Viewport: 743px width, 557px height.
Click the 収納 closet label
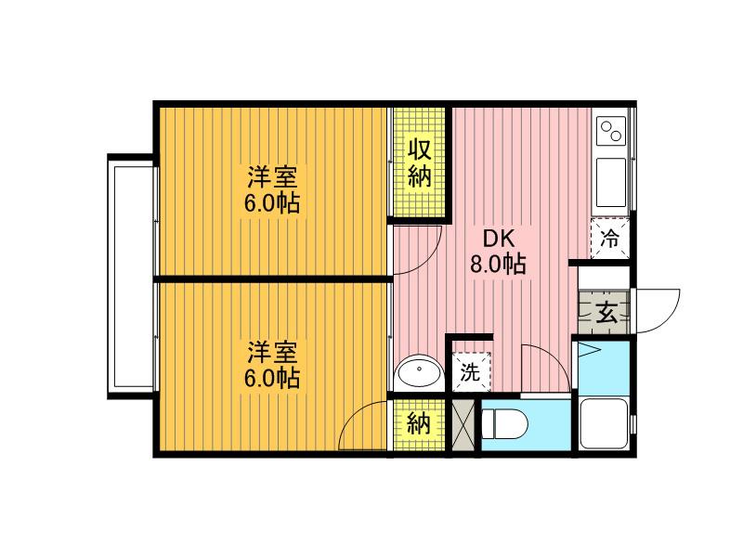click(x=420, y=163)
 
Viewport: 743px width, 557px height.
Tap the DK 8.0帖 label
click(x=498, y=252)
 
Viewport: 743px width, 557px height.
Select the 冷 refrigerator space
click(x=610, y=239)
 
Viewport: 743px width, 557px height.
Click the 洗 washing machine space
click(x=471, y=371)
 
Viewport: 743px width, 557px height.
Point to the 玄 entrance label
click(x=607, y=312)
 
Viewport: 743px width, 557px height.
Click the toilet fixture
click(x=504, y=425)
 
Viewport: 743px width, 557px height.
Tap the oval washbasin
click(x=420, y=372)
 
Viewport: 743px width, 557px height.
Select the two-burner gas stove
click(x=611, y=131)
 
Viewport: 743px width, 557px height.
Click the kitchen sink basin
click(x=611, y=182)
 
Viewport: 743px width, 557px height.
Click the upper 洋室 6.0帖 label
click(x=272, y=189)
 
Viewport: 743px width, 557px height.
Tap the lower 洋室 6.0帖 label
click(x=272, y=365)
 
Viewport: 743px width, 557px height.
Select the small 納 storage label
click(x=419, y=423)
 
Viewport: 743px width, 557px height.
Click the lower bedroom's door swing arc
click(x=352, y=416)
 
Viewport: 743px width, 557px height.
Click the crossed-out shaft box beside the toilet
click(x=463, y=425)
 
